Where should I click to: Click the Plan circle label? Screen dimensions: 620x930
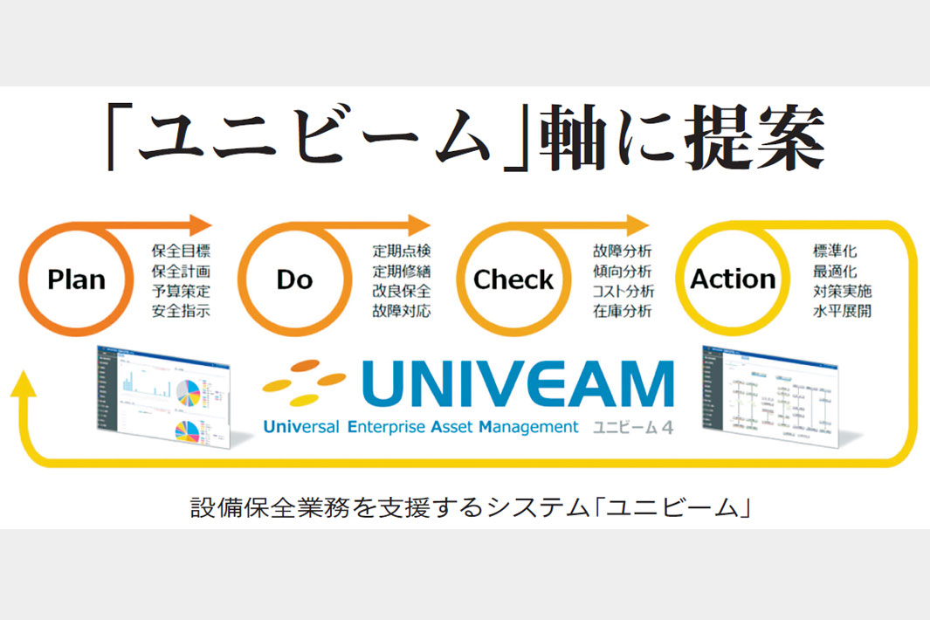coord(77,280)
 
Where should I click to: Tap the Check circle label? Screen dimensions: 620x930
coord(513,280)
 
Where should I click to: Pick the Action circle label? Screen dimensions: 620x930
coord(733,279)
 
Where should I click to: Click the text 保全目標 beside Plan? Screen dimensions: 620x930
coord(181,251)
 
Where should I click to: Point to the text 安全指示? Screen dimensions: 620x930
coord(181,311)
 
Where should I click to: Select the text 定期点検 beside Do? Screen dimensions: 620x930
coord(401,251)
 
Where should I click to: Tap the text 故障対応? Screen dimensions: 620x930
coord(401,311)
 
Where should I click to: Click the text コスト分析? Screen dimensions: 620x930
coord(623,291)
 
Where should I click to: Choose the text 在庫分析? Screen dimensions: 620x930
coord(621,311)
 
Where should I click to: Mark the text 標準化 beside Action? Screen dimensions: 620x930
coord(834,251)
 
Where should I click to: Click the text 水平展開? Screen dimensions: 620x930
coord(842,311)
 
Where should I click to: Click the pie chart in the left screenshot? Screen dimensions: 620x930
coord(189,393)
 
